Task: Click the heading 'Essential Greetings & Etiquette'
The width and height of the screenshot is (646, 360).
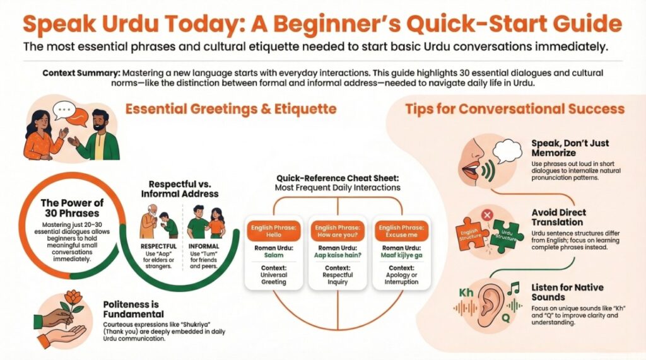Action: [x=230, y=109]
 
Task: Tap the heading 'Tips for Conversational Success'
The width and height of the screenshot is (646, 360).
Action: [x=514, y=109]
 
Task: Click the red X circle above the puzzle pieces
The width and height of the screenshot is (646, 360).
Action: [x=486, y=216]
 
